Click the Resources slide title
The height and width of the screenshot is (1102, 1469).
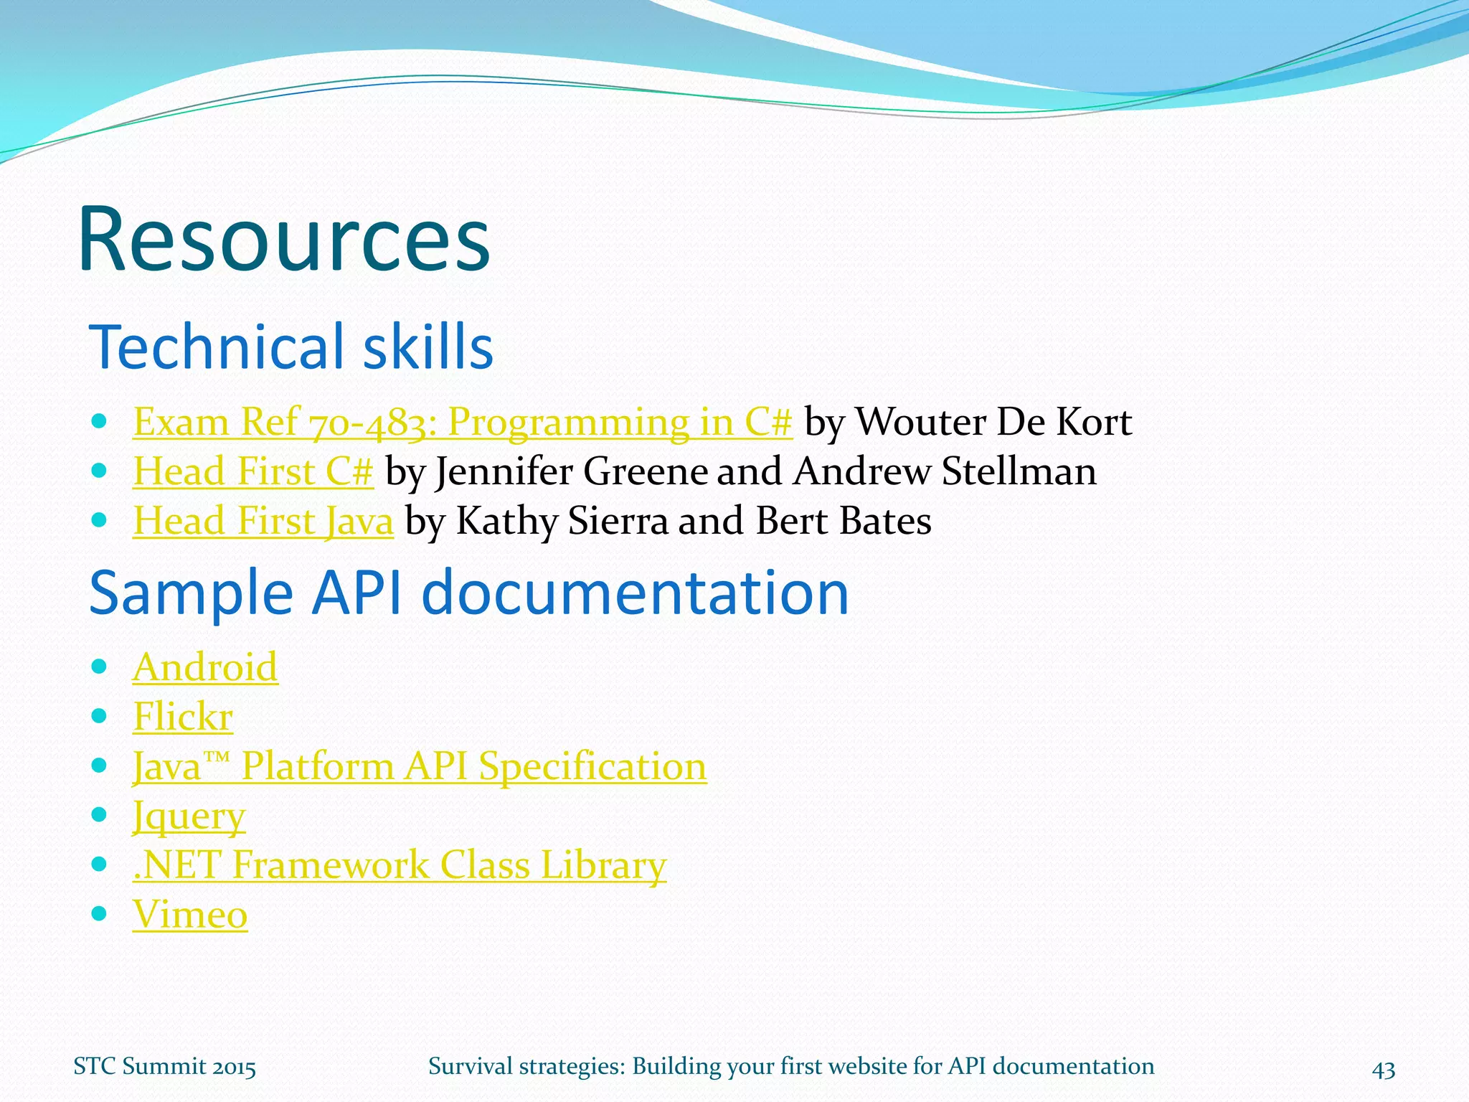pyautogui.click(x=283, y=240)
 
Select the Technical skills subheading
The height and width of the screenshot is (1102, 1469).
pyautogui.click(x=291, y=347)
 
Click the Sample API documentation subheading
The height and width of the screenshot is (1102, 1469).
pyautogui.click(x=468, y=593)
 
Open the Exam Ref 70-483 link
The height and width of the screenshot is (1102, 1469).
pyautogui.click(x=463, y=422)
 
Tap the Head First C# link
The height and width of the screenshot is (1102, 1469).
pyautogui.click(x=253, y=471)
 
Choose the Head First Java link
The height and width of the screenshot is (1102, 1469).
pyautogui.click(x=263, y=521)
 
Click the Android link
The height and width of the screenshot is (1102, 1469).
pyautogui.click(x=205, y=667)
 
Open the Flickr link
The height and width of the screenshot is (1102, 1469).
pyautogui.click(x=183, y=717)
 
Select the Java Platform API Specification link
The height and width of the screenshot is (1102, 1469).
pyautogui.click(x=420, y=766)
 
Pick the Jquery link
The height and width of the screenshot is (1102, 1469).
pyautogui.click(x=189, y=816)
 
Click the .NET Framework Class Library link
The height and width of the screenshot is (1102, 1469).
pyautogui.click(x=400, y=865)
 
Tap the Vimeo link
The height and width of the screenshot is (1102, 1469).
pyautogui.click(x=190, y=915)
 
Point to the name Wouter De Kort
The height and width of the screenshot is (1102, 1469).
pyautogui.click(x=994, y=422)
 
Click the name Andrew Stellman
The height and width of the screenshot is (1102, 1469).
pyautogui.click(x=945, y=471)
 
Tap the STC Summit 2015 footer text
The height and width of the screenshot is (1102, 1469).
pyautogui.click(x=164, y=1067)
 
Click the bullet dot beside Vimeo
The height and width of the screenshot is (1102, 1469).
pyautogui.click(x=100, y=913)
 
